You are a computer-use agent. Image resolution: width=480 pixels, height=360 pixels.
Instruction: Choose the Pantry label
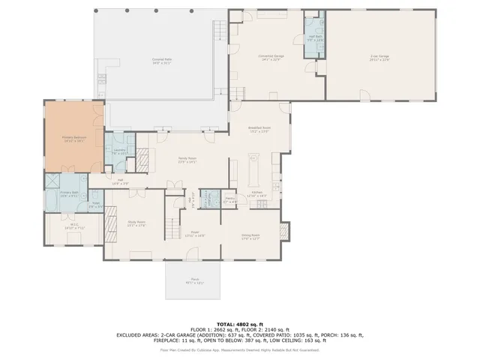pos(229,200)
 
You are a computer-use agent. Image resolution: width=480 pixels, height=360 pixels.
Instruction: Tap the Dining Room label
pos(250,238)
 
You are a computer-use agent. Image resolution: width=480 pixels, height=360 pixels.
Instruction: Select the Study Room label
pos(136,223)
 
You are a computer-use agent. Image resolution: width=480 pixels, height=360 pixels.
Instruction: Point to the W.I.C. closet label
pos(74,225)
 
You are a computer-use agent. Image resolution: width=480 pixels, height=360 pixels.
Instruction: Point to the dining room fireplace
pos(283,231)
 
